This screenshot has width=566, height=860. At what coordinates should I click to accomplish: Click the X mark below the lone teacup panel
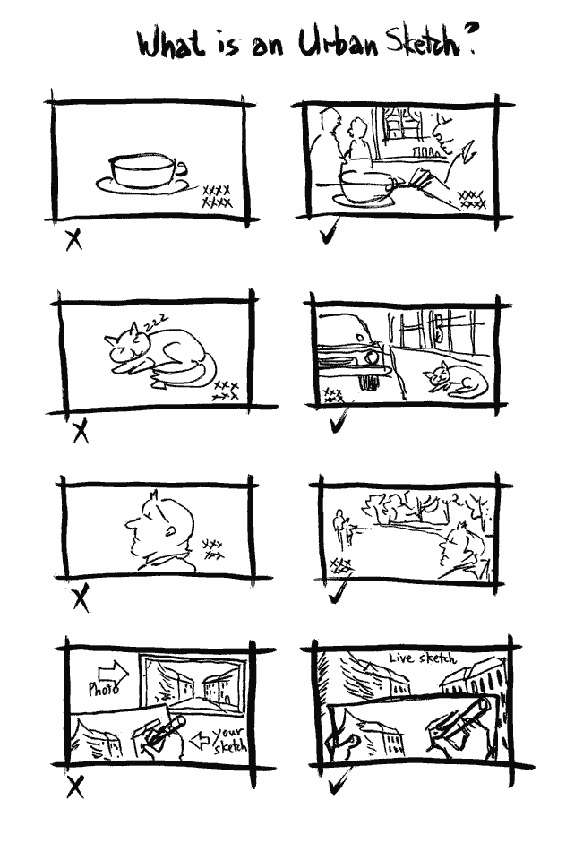click(x=73, y=240)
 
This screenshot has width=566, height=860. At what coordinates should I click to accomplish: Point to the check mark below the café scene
click(x=329, y=233)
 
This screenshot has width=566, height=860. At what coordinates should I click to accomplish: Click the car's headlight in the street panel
click(x=373, y=357)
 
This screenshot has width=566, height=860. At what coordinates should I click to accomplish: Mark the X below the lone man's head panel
click(x=81, y=598)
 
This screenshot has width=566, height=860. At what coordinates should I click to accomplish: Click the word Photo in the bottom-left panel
click(x=104, y=688)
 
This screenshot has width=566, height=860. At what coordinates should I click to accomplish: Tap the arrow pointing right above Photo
click(x=113, y=672)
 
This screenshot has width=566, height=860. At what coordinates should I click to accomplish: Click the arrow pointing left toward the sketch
click(x=200, y=741)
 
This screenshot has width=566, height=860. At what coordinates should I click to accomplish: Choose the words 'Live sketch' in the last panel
click(x=423, y=658)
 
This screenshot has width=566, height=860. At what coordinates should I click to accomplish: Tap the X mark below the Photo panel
click(x=75, y=787)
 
